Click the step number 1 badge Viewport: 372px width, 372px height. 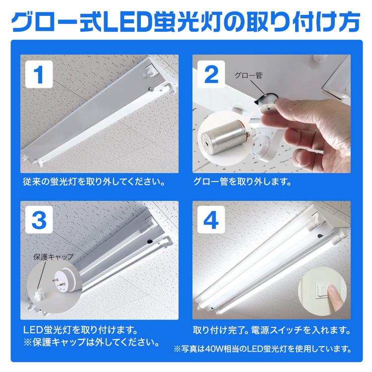(39, 74)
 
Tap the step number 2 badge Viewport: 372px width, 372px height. (211, 74)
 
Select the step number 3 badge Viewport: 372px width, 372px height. (39, 220)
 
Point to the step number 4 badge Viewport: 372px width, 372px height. (211, 220)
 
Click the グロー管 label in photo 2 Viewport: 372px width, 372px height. (248, 75)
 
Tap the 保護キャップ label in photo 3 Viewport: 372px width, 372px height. (54, 257)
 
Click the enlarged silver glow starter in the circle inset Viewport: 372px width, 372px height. (222, 137)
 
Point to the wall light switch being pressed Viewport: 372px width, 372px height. (322, 291)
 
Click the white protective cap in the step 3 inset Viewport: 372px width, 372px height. (38, 296)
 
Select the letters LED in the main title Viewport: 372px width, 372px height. (128, 22)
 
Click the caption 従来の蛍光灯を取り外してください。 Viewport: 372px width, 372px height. (94, 182)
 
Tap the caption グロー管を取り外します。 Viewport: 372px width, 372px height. (242, 182)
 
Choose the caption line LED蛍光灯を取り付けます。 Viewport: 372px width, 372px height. (81, 330)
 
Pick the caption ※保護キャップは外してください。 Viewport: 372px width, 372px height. (91, 342)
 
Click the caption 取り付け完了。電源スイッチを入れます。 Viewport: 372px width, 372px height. (272, 330)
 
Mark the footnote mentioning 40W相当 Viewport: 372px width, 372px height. (262, 349)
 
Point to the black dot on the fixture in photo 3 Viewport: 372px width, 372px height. (150, 241)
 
